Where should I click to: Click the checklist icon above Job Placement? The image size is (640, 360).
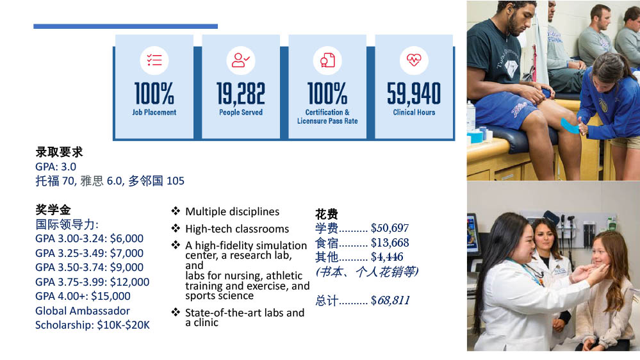pyautogui.click(x=154, y=60)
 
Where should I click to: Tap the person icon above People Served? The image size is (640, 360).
pyautogui.click(x=240, y=60)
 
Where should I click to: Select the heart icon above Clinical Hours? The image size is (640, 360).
pyautogui.click(x=414, y=60)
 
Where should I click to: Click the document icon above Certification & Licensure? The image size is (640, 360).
pyautogui.click(x=327, y=60)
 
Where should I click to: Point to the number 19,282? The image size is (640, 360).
pyautogui.click(x=241, y=94)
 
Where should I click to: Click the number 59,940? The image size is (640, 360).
pyautogui.click(x=414, y=94)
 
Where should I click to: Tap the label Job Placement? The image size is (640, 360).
pyautogui.click(x=154, y=112)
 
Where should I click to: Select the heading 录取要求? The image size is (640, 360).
pyautogui.click(x=59, y=152)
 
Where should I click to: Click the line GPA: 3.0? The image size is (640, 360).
pyautogui.click(x=56, y=167)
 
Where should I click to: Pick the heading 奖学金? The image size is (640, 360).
pyautogui.click(x=53, y=210)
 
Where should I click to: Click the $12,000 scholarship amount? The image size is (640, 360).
pyautogui.click(x=130, y=282)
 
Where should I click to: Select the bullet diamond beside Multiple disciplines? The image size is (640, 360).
pyautogui.click(x=176, y=211)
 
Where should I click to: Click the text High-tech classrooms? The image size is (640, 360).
pyautogui.click(x=237, y=229)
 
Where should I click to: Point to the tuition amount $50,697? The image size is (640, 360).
pyautogui.click(x=390, y=228)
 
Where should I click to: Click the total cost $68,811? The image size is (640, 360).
pyautogui.click(x=390, y=301)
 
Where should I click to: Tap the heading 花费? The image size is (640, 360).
pyautogui.click(x=327, y=214)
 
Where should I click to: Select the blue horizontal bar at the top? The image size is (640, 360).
pyautogui.click(x=126, y=26)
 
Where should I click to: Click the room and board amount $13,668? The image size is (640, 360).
pyautogui.click(x=390, y=243)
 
